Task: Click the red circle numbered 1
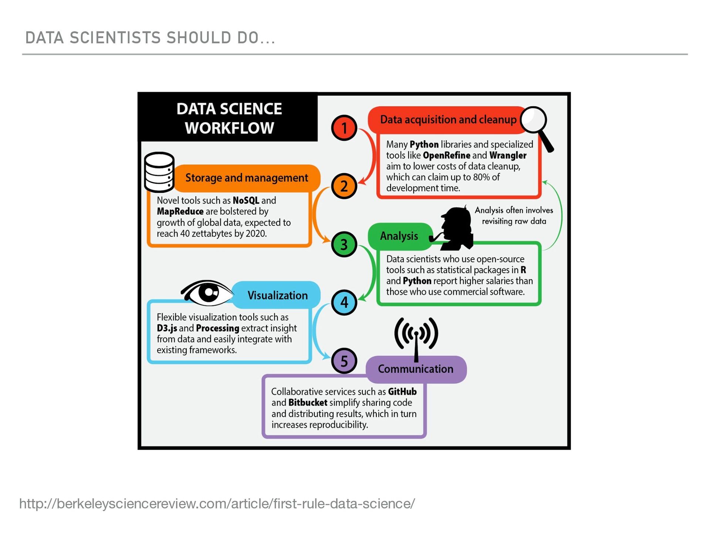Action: [344, 128]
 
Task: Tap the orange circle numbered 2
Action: [344, 186]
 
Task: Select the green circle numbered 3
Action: [344, 245]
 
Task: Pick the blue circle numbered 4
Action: [344, 302]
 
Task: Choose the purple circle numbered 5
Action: [344, 361]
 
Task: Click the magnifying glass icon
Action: [536, 126]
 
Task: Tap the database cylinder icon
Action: [159, 172]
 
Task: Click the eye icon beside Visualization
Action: [207, 292]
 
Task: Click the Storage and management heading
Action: [246, 178]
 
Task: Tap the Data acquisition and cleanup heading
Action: [448, 120]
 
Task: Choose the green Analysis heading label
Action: [399, 236]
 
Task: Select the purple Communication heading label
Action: [415, 369]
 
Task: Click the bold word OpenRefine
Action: [446, 155]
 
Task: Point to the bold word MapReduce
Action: [180, 211]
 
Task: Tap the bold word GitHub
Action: [402, 392]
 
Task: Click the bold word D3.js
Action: [167, 328]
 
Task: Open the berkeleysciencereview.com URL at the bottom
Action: [217, 504]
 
